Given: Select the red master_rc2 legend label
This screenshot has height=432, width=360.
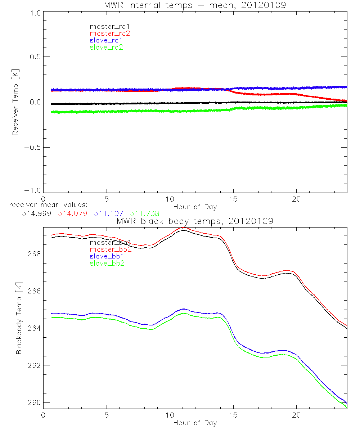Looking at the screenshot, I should [110, 33].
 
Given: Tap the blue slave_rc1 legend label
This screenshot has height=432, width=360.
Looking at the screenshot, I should [106, 40].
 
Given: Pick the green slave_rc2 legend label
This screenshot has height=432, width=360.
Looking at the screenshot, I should [106, 47].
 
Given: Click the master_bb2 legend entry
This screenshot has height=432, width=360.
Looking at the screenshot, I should [111, 249].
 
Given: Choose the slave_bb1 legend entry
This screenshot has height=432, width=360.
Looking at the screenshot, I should [108, 256].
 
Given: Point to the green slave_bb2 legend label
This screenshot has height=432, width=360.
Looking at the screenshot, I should [108, 264].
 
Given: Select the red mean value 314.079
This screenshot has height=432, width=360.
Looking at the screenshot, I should [72, 213].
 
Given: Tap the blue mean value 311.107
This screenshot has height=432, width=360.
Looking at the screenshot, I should [108, 213].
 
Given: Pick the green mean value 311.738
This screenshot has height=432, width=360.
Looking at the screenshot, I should [144, 213].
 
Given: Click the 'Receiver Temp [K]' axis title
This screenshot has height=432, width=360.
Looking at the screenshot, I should [15, 102].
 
